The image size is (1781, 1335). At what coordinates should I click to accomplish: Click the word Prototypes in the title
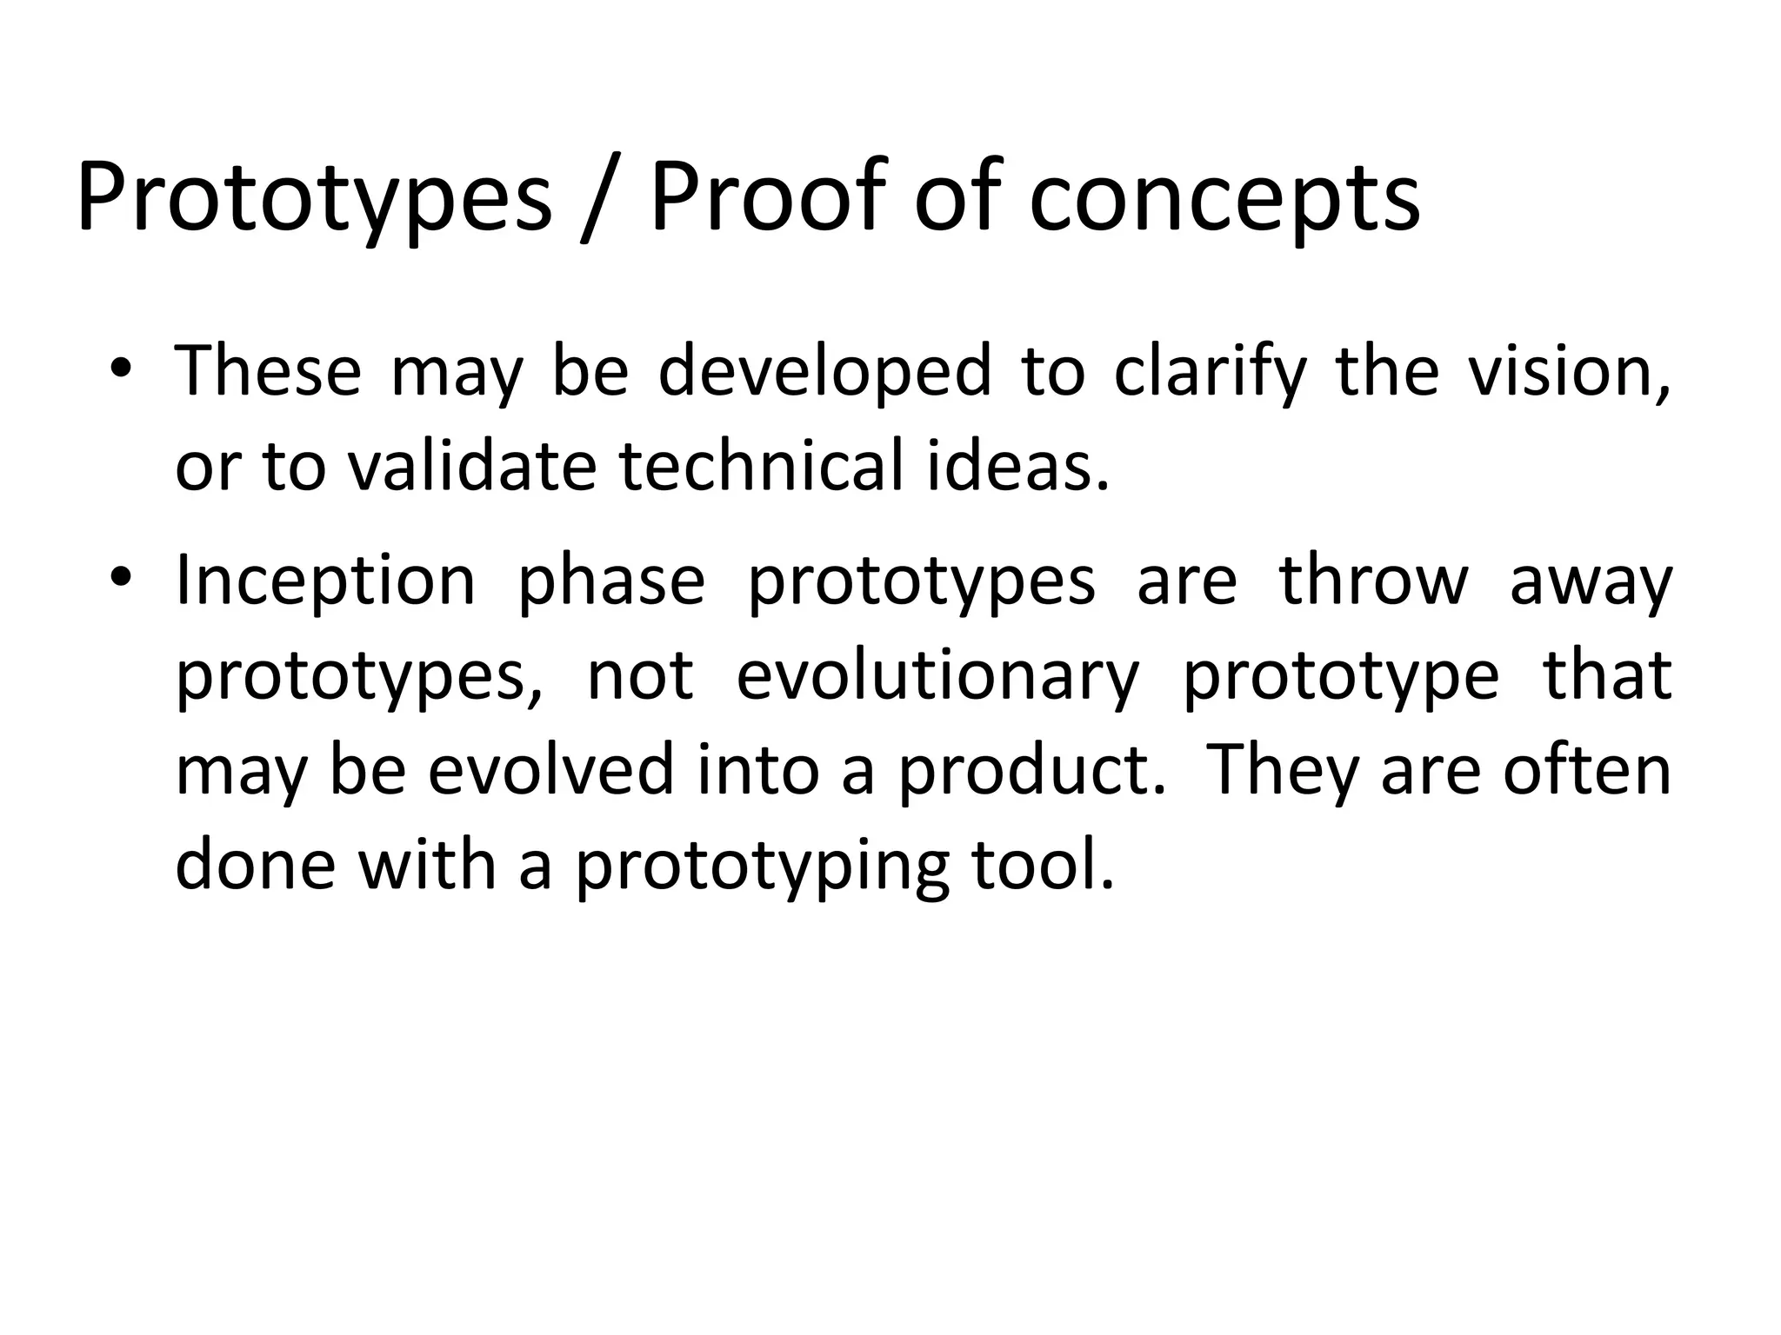click(314, 198)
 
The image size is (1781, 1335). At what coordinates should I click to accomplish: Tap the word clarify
click(1210, 374)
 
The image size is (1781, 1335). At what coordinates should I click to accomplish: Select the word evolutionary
click(937, 678)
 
